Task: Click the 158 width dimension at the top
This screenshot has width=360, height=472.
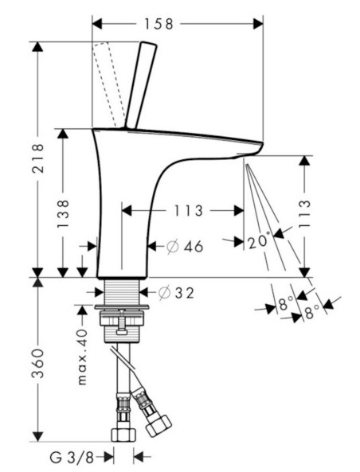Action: tap(158, 24)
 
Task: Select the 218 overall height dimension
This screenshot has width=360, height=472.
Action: tap(38, 158)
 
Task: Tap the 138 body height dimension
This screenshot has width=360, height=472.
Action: tap(63, 213)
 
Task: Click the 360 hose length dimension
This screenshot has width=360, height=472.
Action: tap(38, 363)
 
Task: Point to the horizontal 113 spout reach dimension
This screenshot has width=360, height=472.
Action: tap(189, 211)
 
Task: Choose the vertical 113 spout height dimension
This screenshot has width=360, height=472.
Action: tap(304, 214)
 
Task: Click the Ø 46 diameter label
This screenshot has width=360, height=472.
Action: tap(185, 247)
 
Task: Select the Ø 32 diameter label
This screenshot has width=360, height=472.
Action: tap(176, 293)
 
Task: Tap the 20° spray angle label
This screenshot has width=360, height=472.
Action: tap(258, 241)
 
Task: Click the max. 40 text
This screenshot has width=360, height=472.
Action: tap(82, 357)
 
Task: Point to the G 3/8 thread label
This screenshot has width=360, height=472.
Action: tap(72, 458)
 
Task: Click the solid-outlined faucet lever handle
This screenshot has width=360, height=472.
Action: tap(141, 86)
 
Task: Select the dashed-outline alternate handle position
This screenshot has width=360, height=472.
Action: tap(108, 85)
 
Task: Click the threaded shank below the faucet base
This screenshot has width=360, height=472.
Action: tap(121, 291)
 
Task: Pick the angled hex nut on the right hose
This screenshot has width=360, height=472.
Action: tap(158, 426)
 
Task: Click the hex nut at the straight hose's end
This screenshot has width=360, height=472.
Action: tap(123, 435)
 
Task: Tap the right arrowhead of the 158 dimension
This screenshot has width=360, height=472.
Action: tap(258, 24)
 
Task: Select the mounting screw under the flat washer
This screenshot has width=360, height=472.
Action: tap(122, 322)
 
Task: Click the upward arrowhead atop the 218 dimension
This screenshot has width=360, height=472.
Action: tap(37, 47)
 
